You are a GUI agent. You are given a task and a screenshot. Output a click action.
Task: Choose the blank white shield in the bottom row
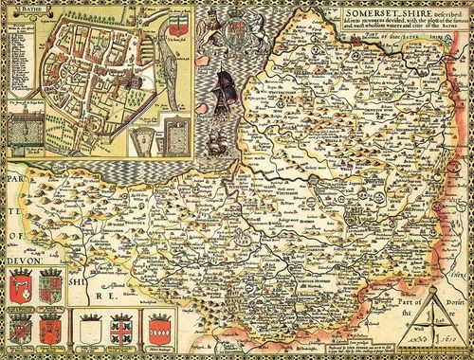click(x=91, y=330)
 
